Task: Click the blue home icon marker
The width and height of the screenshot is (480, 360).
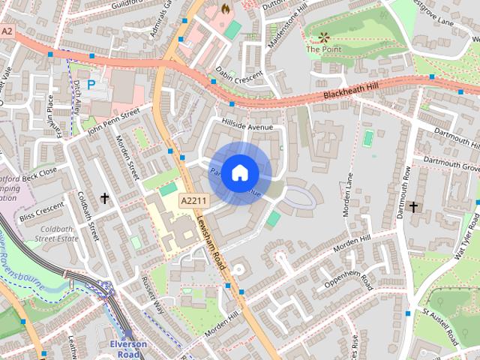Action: pos(239,173)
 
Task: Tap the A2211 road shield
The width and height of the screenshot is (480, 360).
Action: pos(193,200)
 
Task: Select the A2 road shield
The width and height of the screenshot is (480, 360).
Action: pos(7,31)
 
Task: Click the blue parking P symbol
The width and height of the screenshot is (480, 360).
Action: pos(91,85)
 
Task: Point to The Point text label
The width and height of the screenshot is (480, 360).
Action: pos(323,49)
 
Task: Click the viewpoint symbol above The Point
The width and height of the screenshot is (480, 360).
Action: pos(324,36)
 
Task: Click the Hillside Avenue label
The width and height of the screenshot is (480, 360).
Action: pos(247,127)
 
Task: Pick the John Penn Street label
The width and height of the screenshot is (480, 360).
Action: pos(114,119)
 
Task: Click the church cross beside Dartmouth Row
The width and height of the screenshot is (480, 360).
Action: pos(413,205)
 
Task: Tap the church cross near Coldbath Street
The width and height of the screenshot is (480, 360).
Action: pos(104,199)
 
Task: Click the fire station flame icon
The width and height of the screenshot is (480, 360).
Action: pos(225,8)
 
